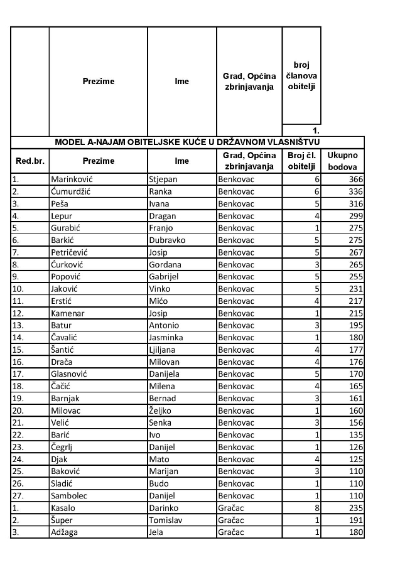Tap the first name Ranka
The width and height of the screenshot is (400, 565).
(161, 191)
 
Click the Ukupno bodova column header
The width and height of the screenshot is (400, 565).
(342, 161)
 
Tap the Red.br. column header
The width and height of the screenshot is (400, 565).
(30, 161)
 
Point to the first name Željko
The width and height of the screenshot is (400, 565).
(161, 411)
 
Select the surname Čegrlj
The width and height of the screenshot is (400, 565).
(65, 447)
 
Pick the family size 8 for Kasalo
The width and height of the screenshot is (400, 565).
(317, 508)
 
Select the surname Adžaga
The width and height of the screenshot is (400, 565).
(66, 533)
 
